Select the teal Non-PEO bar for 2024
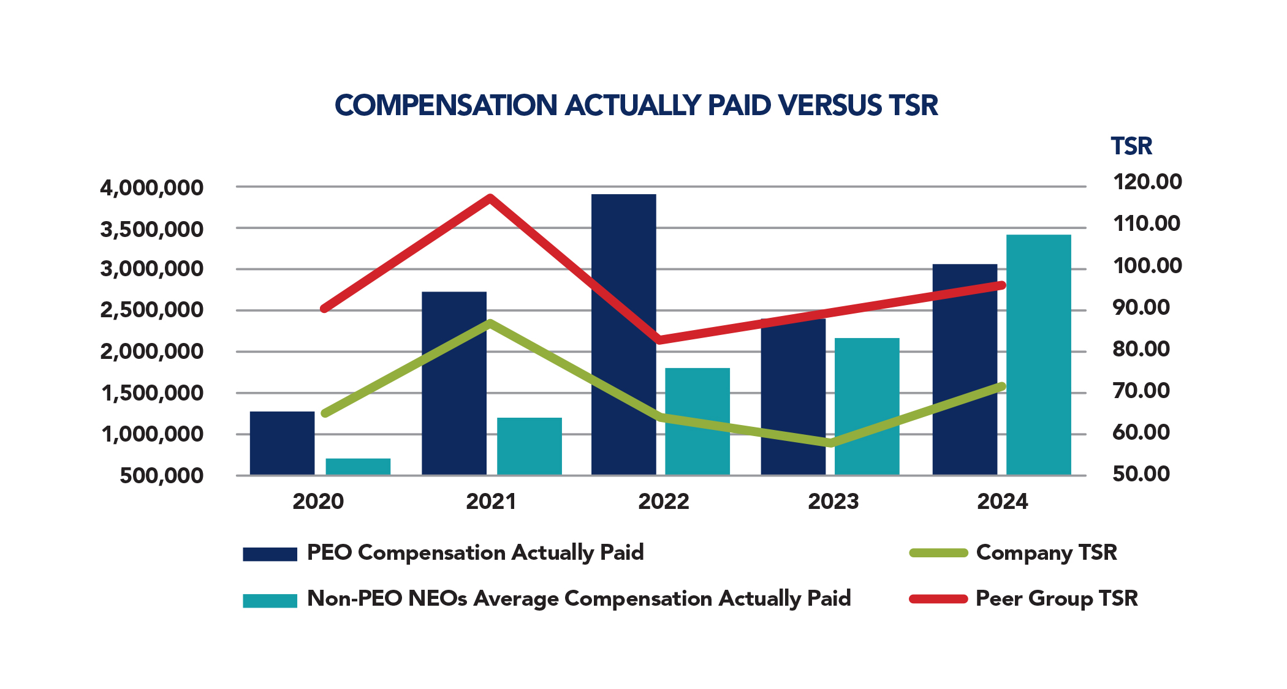tap(1038, 355)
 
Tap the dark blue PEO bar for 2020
tap(282, 443)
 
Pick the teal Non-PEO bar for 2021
tap(529, 446)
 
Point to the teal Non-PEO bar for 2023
tap(867, 407)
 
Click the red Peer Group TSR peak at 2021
tap(490, 198)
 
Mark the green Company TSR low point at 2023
tap(831, 443)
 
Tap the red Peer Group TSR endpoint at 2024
tap(1001, 285)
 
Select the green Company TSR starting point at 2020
tap(325, 413)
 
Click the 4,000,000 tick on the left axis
tap(151, 187)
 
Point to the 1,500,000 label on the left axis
tap(151, 393)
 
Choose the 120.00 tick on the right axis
tap(1147, 182)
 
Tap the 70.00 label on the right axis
tap(1141, 390)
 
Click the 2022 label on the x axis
tap(663, 502)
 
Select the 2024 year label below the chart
tap(1002, 502)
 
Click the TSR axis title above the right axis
tap(1131, 146)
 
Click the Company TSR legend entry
tap(1046, 552)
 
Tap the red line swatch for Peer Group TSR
tap(938, 598)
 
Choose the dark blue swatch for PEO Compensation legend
tap(270, 554)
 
